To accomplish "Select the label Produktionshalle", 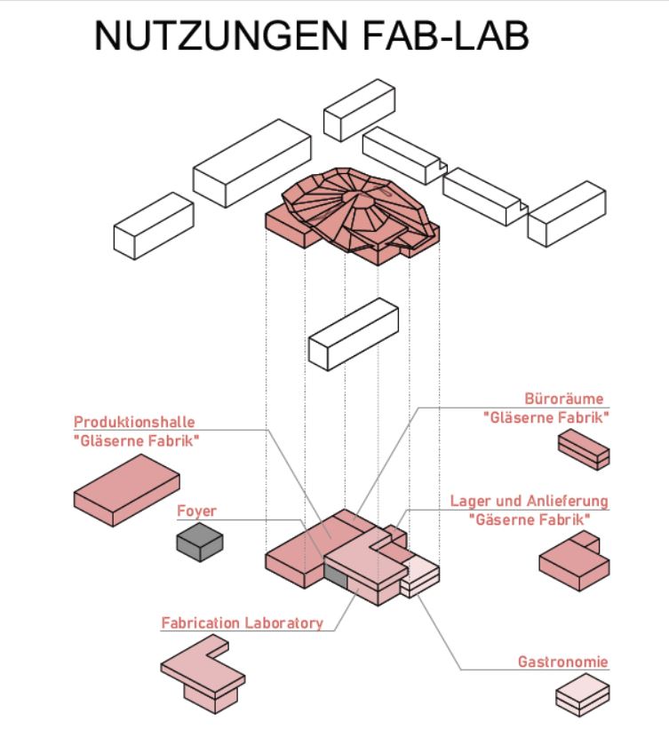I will tap(133, 421).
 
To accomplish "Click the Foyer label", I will tap(197, 511).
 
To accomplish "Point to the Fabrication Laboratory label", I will tap(242, 622).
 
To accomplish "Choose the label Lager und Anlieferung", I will tap(530, 502).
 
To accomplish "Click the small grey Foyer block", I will tap(199, 541).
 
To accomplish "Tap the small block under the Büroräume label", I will tap(584, 449).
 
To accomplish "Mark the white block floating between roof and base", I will tap(353, 331).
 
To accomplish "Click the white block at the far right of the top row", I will tap(566, 213).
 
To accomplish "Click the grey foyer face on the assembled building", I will tap(335, 578).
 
